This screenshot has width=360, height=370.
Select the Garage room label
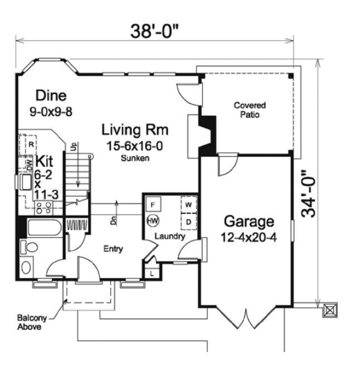pos(249,221)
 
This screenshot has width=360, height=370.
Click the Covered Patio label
pos(249,110)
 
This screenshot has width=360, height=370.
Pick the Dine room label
pos(51,95)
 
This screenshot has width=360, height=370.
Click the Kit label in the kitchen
pos(43,162)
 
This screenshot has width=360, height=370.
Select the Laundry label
pos(169,236)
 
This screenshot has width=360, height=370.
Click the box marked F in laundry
pos(153,204)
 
